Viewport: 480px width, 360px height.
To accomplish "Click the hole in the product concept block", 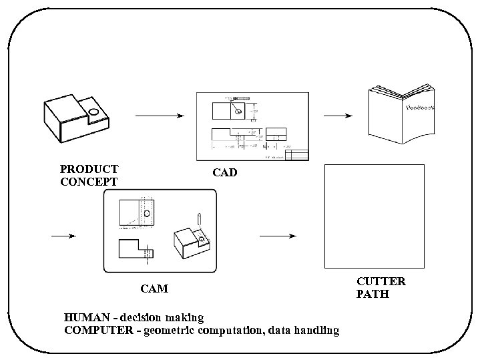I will point(93,112).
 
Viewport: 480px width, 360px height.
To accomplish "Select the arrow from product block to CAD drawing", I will point(159,116).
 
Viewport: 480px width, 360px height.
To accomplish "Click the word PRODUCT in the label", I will point(89,170).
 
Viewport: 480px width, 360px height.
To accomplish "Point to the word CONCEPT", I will point(89,182).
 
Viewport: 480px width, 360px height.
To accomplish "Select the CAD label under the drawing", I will point(225,173).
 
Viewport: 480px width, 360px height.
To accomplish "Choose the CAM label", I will point(154,289).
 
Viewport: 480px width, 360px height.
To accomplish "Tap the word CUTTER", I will point(381,281).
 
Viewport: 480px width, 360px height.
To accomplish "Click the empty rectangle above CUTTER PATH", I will point(374,216).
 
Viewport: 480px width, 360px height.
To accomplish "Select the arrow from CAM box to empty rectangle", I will point(277,236).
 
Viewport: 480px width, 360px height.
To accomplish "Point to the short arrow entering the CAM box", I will point(63,236).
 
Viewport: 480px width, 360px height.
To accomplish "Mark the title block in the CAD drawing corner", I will point(296,155).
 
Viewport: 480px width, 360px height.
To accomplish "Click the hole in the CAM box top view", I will point(146,214).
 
